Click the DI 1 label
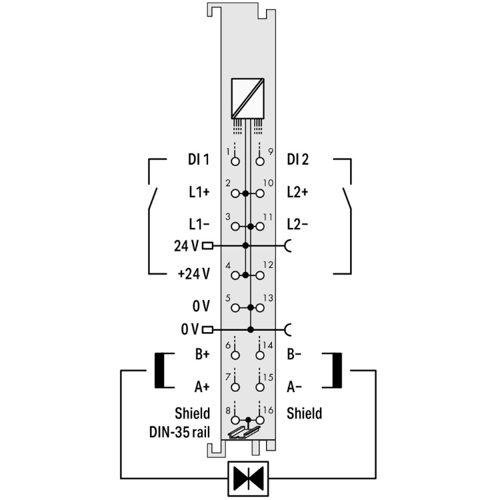[199, 159]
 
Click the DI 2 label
[298, 159]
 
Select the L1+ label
[199, 192]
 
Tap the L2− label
[297, 225]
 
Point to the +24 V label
[193, 273]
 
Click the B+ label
[202, 354]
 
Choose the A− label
[294, 387]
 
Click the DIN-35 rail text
[179, 433]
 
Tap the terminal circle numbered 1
[235, 161]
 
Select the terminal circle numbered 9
[260, 161]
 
